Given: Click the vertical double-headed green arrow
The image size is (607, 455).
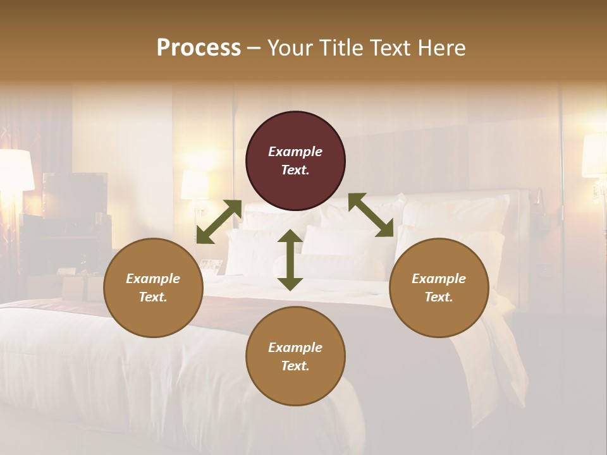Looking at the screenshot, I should (290, 260).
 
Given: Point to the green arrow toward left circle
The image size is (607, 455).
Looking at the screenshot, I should (219, 222).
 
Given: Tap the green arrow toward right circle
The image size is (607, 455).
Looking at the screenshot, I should (371, 215).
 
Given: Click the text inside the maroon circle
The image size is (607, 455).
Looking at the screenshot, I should (295, 161).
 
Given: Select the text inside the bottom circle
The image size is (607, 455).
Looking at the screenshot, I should (295, 356).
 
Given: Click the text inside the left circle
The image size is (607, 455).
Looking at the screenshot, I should (153, 288).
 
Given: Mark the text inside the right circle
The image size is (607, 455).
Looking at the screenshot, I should (439, 288).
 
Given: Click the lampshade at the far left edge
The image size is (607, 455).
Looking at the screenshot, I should (15, 169).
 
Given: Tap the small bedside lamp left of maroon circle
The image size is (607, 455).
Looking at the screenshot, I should (195, 185).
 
